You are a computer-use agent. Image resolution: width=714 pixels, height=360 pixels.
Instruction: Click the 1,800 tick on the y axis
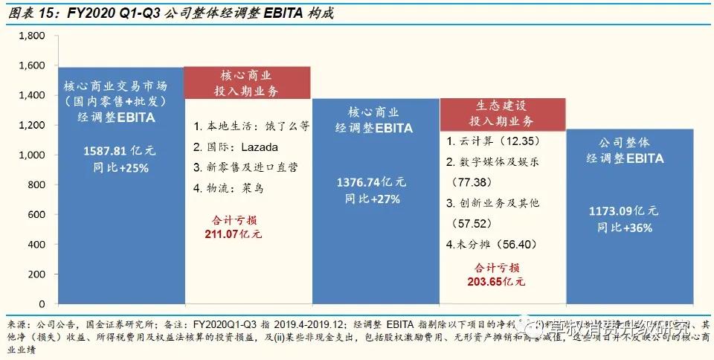32,36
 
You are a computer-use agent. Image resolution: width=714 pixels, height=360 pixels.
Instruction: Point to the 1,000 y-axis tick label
32,155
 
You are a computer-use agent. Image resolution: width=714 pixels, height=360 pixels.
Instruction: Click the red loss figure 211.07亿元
233,234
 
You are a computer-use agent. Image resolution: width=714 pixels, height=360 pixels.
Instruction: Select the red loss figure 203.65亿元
494,282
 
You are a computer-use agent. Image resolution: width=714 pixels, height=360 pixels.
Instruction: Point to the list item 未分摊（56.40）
492,244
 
